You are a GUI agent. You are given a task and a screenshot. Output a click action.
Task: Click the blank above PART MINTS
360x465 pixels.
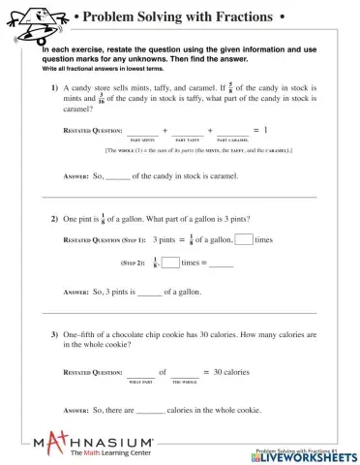pos(144,132)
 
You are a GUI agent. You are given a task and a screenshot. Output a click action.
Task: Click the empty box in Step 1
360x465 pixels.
pos(244,238)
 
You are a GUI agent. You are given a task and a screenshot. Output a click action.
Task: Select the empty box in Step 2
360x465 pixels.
pos(170,262)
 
